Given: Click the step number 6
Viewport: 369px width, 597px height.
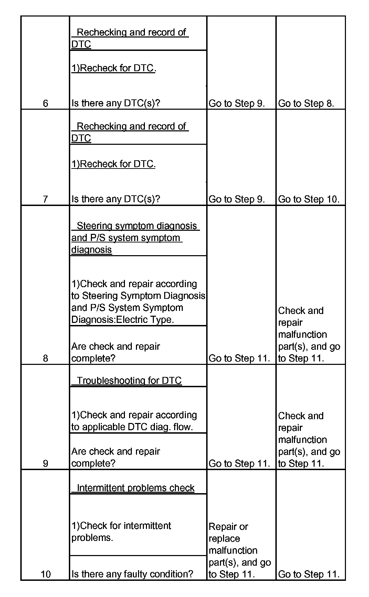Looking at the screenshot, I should (45, 103).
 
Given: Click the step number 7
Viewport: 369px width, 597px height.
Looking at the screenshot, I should (45, 199).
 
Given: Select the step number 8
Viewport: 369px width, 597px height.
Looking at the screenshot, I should (45, 358).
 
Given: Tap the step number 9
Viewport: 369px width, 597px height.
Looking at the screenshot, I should (45, 464).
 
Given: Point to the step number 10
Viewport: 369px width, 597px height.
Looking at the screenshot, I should (45, 574).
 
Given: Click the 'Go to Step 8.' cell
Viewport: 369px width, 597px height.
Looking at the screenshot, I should (306, 103).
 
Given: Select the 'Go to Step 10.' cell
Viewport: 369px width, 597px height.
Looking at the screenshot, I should (308, 199).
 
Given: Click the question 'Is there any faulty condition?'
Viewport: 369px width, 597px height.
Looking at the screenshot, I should (132, 574).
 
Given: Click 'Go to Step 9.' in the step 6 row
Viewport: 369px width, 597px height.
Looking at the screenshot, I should (236, 103).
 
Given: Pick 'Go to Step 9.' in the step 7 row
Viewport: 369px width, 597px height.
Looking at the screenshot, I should (236, 199).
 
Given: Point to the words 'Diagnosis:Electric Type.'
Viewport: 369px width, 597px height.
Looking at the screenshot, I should (123, 320).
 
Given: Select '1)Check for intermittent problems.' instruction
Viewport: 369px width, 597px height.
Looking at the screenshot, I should (121, 532).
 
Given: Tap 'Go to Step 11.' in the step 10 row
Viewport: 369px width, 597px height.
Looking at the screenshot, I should (308, 574).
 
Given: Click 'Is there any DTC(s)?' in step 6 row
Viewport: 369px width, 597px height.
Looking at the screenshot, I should (116, 103).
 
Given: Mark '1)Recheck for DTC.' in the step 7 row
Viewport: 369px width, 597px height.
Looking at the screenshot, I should (113, 164).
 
